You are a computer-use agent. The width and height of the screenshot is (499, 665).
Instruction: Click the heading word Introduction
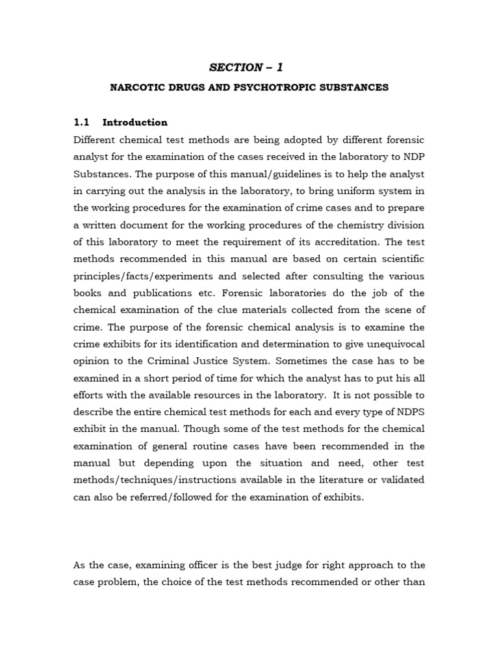tap(135, 122)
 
